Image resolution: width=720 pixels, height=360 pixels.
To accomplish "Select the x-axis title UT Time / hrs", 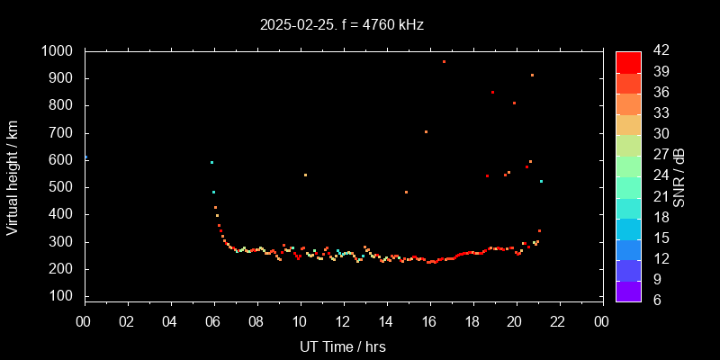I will (343, 346).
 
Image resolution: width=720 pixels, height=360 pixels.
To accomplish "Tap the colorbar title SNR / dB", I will (679, 175).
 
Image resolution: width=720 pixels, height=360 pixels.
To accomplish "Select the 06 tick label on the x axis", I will (214, 321).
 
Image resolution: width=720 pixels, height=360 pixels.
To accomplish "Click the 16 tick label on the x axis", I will (429, 321).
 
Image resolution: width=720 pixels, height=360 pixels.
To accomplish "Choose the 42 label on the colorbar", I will (655, 51).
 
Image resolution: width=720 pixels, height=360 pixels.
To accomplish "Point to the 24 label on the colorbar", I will (655, 175).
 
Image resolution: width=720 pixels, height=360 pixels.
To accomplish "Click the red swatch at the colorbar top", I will (628, 61).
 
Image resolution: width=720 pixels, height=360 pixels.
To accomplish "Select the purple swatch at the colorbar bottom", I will (628, 290).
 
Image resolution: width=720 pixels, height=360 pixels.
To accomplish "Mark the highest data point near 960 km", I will (444, 62).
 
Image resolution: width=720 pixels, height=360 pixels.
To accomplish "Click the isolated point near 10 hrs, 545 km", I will (305, 175).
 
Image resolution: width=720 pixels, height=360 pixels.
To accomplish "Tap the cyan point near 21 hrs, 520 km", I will (541, 182).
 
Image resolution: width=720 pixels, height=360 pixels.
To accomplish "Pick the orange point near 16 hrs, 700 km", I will (426, 132).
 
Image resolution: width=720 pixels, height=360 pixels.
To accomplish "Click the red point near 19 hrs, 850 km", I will (492, 92).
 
